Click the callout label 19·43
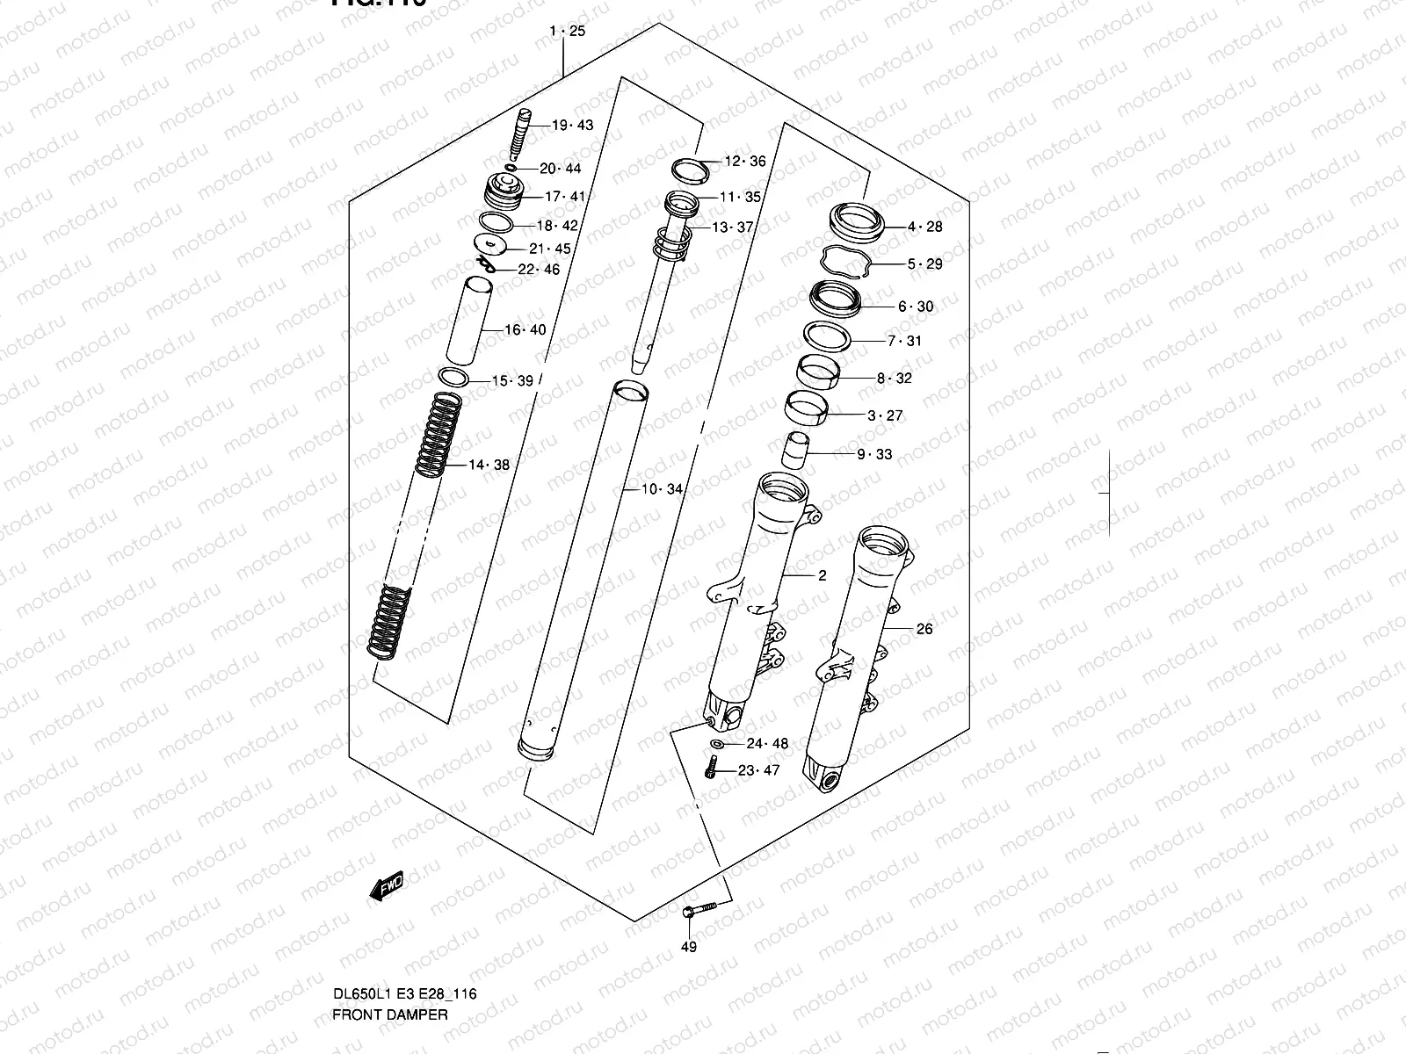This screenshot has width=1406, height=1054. point(572,126)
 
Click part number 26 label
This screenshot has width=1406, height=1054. point(924,629)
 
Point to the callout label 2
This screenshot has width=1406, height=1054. point(822,576)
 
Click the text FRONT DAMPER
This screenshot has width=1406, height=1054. point(389,1014)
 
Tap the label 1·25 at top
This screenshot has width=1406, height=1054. point(567,32)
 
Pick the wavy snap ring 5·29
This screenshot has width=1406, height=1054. point(845,261)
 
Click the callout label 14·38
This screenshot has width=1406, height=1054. point(489,465)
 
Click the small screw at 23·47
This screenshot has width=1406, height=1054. point(710,770)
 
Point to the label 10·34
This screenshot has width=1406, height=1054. point(661,489)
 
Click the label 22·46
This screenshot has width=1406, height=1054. point(538,271)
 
